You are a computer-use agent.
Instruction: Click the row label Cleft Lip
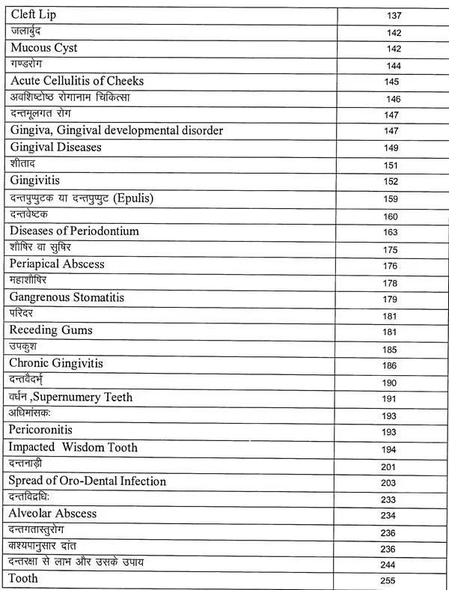34,14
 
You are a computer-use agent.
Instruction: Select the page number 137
394,16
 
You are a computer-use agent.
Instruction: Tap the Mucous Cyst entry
44,48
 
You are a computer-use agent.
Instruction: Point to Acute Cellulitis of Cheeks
77,81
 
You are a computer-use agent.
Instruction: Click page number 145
392,82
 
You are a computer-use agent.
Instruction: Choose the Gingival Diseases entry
56,147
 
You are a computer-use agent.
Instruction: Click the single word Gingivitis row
35,180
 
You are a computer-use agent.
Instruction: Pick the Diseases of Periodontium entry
75,231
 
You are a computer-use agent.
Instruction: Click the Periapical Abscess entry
57,264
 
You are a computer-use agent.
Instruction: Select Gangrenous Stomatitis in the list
67,297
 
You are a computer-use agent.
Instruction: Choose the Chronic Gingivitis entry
56,363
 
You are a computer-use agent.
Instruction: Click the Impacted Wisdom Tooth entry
73,447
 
